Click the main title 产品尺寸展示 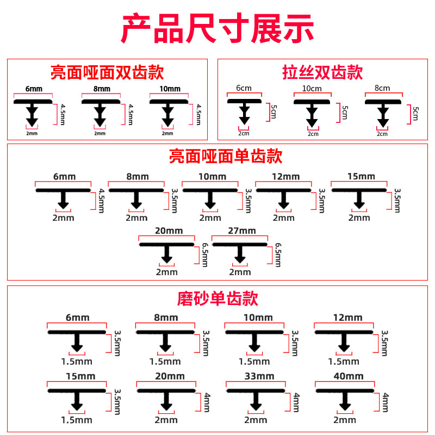pos(217,28)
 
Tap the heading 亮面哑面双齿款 pos(107,72)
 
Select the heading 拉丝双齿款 pos(322,72)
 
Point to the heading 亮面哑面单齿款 pos(226,156)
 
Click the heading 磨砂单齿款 pos(217,299)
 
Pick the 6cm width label pos(244,88)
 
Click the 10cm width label pos(312,89)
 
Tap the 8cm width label pos(382,88)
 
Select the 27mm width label pos(242,231)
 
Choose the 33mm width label pos(259,376)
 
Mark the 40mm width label pos(349,376)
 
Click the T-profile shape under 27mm pos(240,253)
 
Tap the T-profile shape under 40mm pos(345,400)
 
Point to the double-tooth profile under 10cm pos(312,113)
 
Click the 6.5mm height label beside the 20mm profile pos(205,255)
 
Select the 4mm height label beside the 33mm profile pos(296,402)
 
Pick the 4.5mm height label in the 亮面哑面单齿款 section pos(102,201)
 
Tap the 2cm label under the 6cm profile pos(244,133)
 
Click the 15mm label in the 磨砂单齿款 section pos(80,376)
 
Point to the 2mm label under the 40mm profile pos(345,420)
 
